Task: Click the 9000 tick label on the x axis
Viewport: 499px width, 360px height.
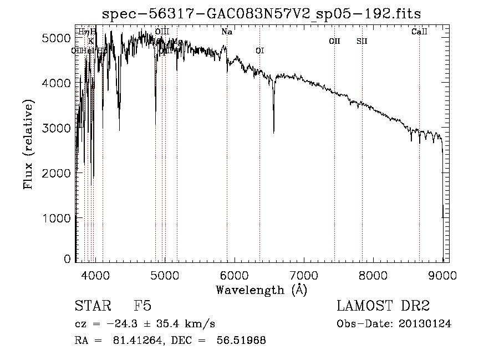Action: (x=442, y=274)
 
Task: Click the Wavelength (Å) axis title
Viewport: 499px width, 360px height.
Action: (x=261, y=290)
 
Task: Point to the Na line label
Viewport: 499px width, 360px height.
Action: (x=226, y=32)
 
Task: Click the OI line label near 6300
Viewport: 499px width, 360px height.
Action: (x=259, y=51)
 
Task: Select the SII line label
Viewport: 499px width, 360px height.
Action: (x=362, y=41)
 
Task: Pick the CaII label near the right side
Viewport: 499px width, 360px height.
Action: (x=419, y=32)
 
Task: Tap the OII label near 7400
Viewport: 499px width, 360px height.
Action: (x=334, y=41)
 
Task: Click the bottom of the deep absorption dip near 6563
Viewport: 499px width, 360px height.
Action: (x=273, y=132)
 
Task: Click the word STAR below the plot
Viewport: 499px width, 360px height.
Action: (x=91, y=307)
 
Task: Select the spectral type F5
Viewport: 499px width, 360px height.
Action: (x=142, y=307)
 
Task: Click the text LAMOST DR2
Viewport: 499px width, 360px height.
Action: (x=383, y=307)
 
